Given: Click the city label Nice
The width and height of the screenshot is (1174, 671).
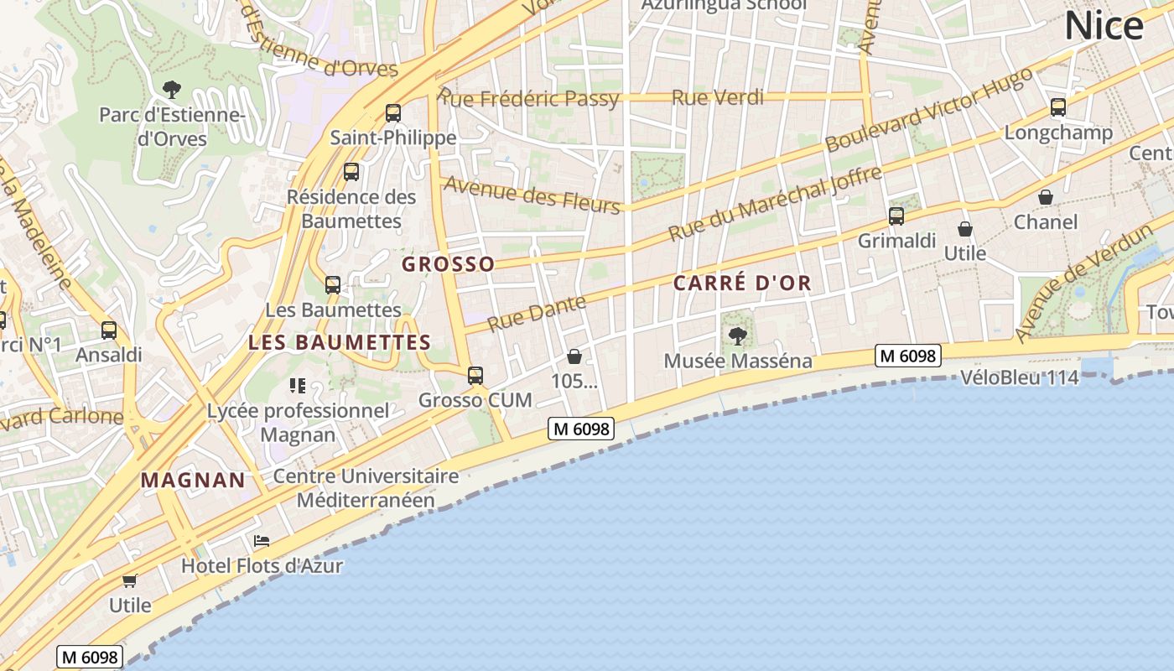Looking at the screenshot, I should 1104,26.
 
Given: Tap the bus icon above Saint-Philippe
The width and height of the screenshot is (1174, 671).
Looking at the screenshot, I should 393,113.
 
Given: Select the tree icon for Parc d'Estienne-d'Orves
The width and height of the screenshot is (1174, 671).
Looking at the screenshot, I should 172,89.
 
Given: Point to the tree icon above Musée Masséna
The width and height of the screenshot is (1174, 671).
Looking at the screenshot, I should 738,336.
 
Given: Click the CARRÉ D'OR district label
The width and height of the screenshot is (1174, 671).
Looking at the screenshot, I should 742,283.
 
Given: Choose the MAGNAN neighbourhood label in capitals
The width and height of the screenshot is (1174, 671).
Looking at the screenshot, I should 193,481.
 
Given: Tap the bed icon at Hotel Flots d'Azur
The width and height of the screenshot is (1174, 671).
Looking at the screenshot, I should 262,541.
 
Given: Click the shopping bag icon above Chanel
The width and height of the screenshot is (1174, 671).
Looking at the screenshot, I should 1046,197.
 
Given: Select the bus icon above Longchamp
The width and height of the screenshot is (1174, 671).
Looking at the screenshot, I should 1058,107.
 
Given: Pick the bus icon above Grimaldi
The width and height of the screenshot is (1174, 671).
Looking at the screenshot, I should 896,216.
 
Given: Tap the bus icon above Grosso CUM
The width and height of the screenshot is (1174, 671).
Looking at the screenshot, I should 475,375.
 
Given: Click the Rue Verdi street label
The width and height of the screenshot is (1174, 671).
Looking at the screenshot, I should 718,98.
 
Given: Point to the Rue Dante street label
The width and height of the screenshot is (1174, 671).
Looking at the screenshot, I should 537,313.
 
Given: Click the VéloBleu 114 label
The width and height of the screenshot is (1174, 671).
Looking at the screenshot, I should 1019,378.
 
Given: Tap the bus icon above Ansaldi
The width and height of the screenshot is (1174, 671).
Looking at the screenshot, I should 109,330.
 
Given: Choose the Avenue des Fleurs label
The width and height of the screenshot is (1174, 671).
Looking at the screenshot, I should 532,195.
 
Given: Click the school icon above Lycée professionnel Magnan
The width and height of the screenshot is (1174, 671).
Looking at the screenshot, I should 298,386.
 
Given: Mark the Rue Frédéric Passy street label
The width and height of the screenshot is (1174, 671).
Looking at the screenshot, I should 529,99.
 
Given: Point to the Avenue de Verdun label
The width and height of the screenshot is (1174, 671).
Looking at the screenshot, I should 1081,282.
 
